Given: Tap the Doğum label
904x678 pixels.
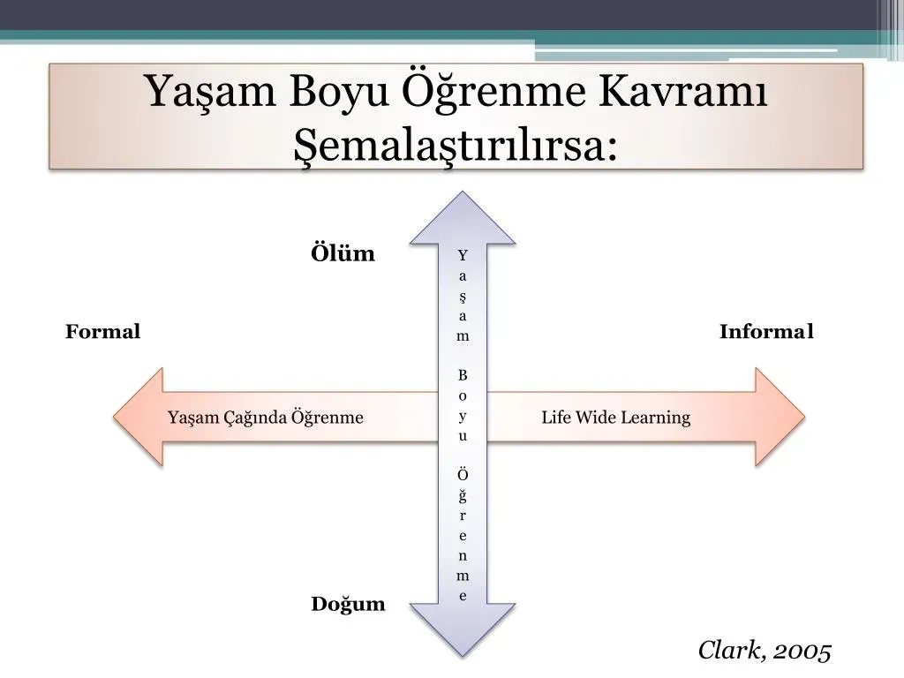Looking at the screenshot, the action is point(348,604).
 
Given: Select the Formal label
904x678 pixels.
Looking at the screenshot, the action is point(102,331).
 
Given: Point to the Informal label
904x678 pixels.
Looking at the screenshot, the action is point(766,331).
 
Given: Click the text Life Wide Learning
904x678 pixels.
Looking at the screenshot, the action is point(615,417).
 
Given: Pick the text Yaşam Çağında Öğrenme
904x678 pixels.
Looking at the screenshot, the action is point(265,417).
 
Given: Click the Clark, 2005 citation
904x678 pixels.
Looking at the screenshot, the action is point(765,651).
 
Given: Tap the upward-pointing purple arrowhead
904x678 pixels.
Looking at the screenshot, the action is point(463,219).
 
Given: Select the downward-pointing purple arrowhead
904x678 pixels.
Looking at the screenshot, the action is point(463,629).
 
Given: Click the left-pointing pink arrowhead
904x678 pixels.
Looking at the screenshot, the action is point(139,417).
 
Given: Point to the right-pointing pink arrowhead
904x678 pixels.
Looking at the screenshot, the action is point(780,417).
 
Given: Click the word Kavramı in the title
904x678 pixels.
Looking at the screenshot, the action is point(683,91).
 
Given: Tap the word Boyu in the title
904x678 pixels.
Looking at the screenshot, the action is point(338,92).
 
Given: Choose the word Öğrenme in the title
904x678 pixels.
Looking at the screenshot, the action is point(493,91).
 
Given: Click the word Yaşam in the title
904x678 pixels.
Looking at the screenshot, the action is point(211,92).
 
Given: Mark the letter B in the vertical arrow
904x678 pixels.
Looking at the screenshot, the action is point(463,375).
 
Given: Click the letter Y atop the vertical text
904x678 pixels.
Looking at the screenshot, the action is point(463,255).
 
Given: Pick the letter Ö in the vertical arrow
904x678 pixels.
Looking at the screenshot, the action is point(463,474).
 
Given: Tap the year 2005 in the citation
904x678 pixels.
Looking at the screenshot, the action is point(802,652).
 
